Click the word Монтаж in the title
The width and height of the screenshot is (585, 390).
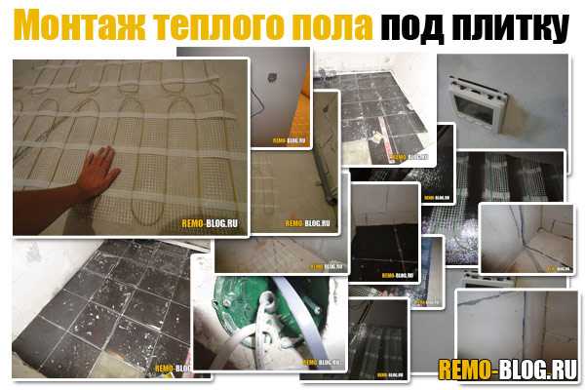tap(79, 25)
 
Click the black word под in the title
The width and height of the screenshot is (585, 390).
tap(412, 28)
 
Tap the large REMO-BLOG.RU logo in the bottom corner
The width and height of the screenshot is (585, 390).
tap(508, 370)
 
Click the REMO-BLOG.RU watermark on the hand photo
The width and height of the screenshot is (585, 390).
tap(210, 223)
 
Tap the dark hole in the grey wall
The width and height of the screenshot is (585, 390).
tap(272, 78)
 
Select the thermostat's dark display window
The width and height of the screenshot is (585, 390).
tap(473, 109)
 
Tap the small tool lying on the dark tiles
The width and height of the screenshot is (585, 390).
tap(376, 138)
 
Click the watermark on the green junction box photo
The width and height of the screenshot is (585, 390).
tap(322, 363)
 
